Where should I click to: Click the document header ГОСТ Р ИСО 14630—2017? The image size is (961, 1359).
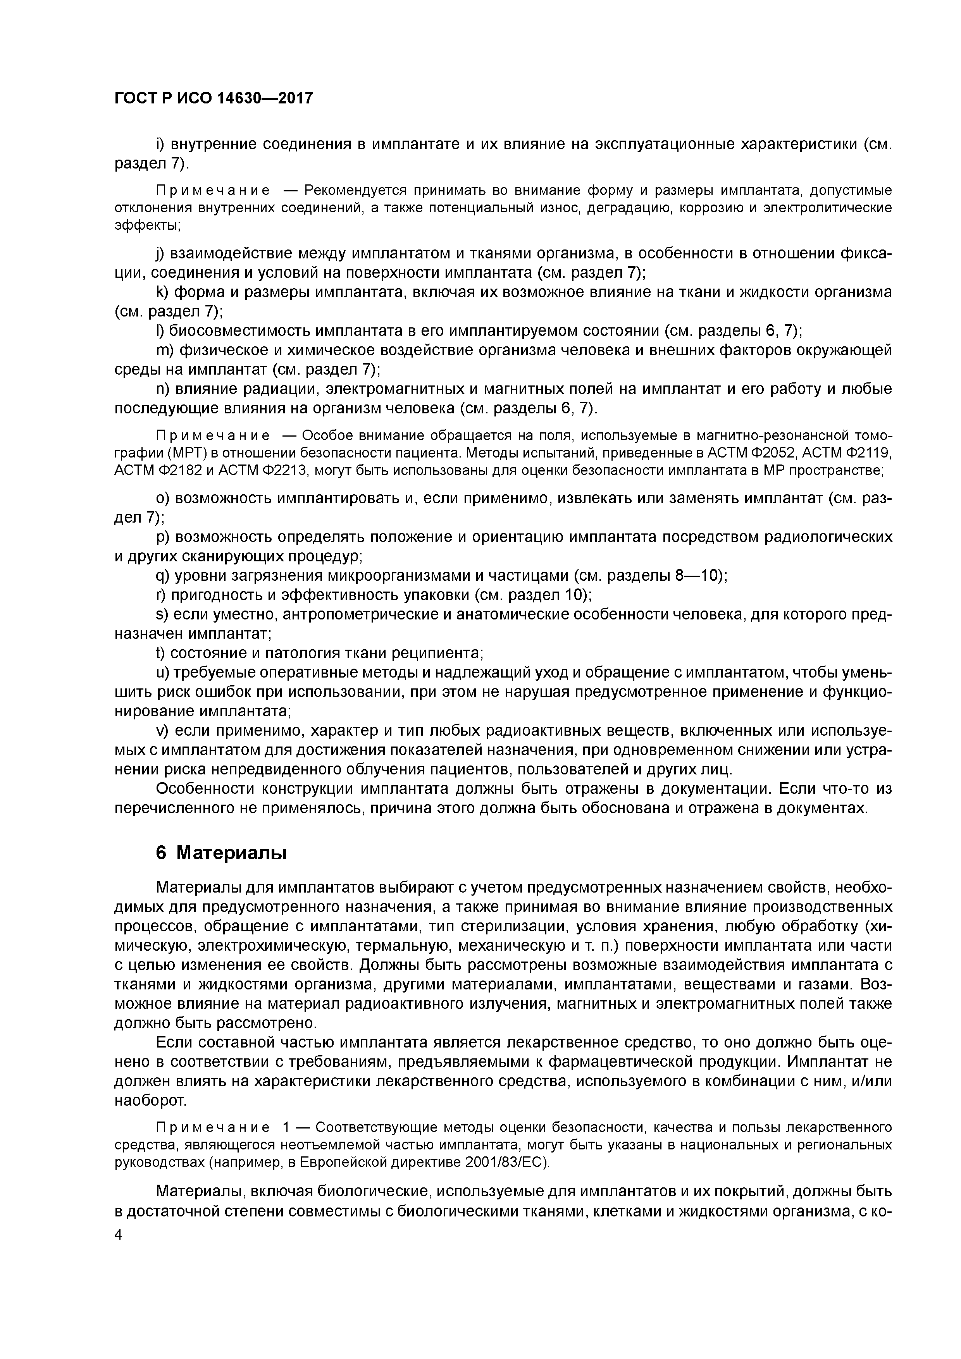coord(213,98)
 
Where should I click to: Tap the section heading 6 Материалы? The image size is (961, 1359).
coord(221,853)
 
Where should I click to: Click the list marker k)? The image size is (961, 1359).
coord(162,292)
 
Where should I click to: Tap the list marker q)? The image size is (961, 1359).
coord(162,575)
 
